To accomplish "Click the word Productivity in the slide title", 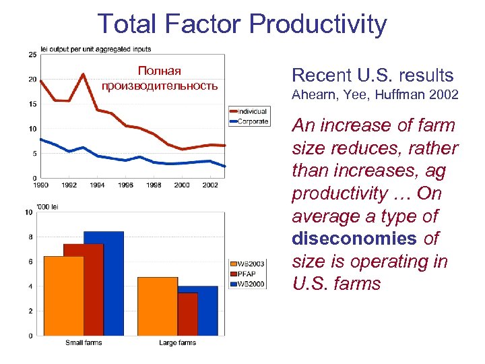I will coord(318,24).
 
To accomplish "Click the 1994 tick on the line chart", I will coord(97,184).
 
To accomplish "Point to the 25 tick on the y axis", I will coord(32,55).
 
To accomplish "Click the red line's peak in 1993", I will coord(83,74).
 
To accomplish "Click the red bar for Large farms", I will coord(187,313).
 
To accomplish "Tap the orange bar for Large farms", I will coord(158,306).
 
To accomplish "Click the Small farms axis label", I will coord(84,343).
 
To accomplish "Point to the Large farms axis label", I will coord(178,343).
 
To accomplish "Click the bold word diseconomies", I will coord(354,239).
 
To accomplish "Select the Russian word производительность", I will coord(160,86).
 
